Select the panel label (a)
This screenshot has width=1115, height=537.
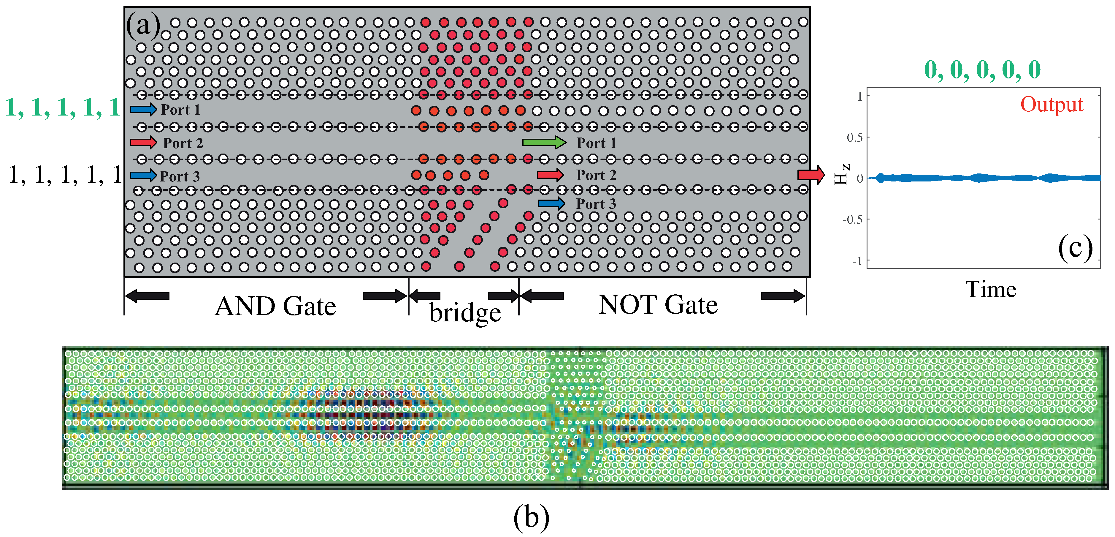tap(143, 25)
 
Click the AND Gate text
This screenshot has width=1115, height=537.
tap(275, 306)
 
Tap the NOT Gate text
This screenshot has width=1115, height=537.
tap(658, 304)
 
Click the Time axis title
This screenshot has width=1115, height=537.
tap(991, 289)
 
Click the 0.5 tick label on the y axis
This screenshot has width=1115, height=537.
tap(854, 138)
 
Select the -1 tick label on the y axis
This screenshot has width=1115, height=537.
tap(857, 261)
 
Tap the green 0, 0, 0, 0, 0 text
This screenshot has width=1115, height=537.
tap(982, 69)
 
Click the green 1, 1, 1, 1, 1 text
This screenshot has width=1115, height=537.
tap(63, 108)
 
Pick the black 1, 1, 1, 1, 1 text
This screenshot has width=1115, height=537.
tap(65, 175)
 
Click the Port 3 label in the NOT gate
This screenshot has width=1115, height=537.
tap(596, 203)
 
